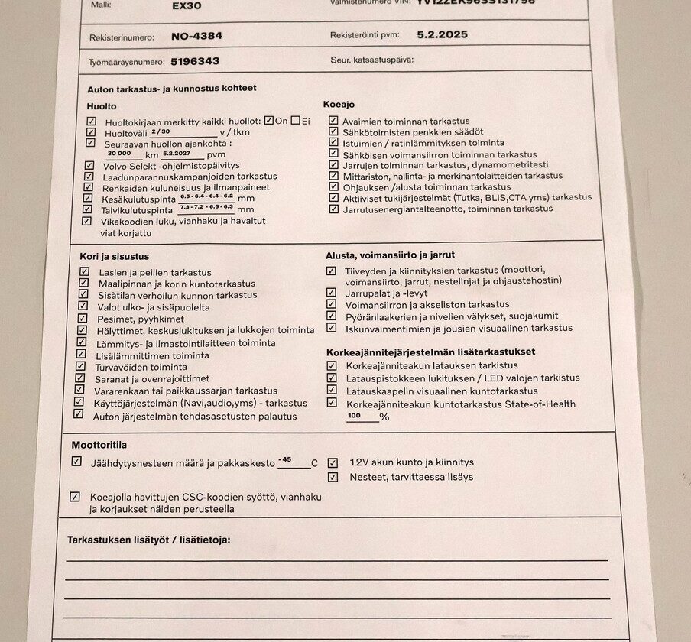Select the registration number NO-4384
[197, 35]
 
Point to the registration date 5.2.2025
[443, 34]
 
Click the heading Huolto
[102, 106]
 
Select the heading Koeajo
[339, 104]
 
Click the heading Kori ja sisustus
[115, 256]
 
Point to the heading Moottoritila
[99, 444]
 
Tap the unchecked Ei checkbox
[295, 120]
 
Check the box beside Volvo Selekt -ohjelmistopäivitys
[90, 165]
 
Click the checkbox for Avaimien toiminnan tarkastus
[333, 120]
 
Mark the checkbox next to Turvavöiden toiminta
[81, 366]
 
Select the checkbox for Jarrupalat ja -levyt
[331, 292]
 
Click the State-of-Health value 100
[354, 416]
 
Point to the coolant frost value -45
[285, 459]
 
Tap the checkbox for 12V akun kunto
[333, 462]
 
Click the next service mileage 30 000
[120, 153]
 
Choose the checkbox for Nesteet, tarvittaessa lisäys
[333, 477]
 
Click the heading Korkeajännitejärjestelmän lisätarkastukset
[430, 352]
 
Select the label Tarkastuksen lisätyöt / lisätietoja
[148, 540]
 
